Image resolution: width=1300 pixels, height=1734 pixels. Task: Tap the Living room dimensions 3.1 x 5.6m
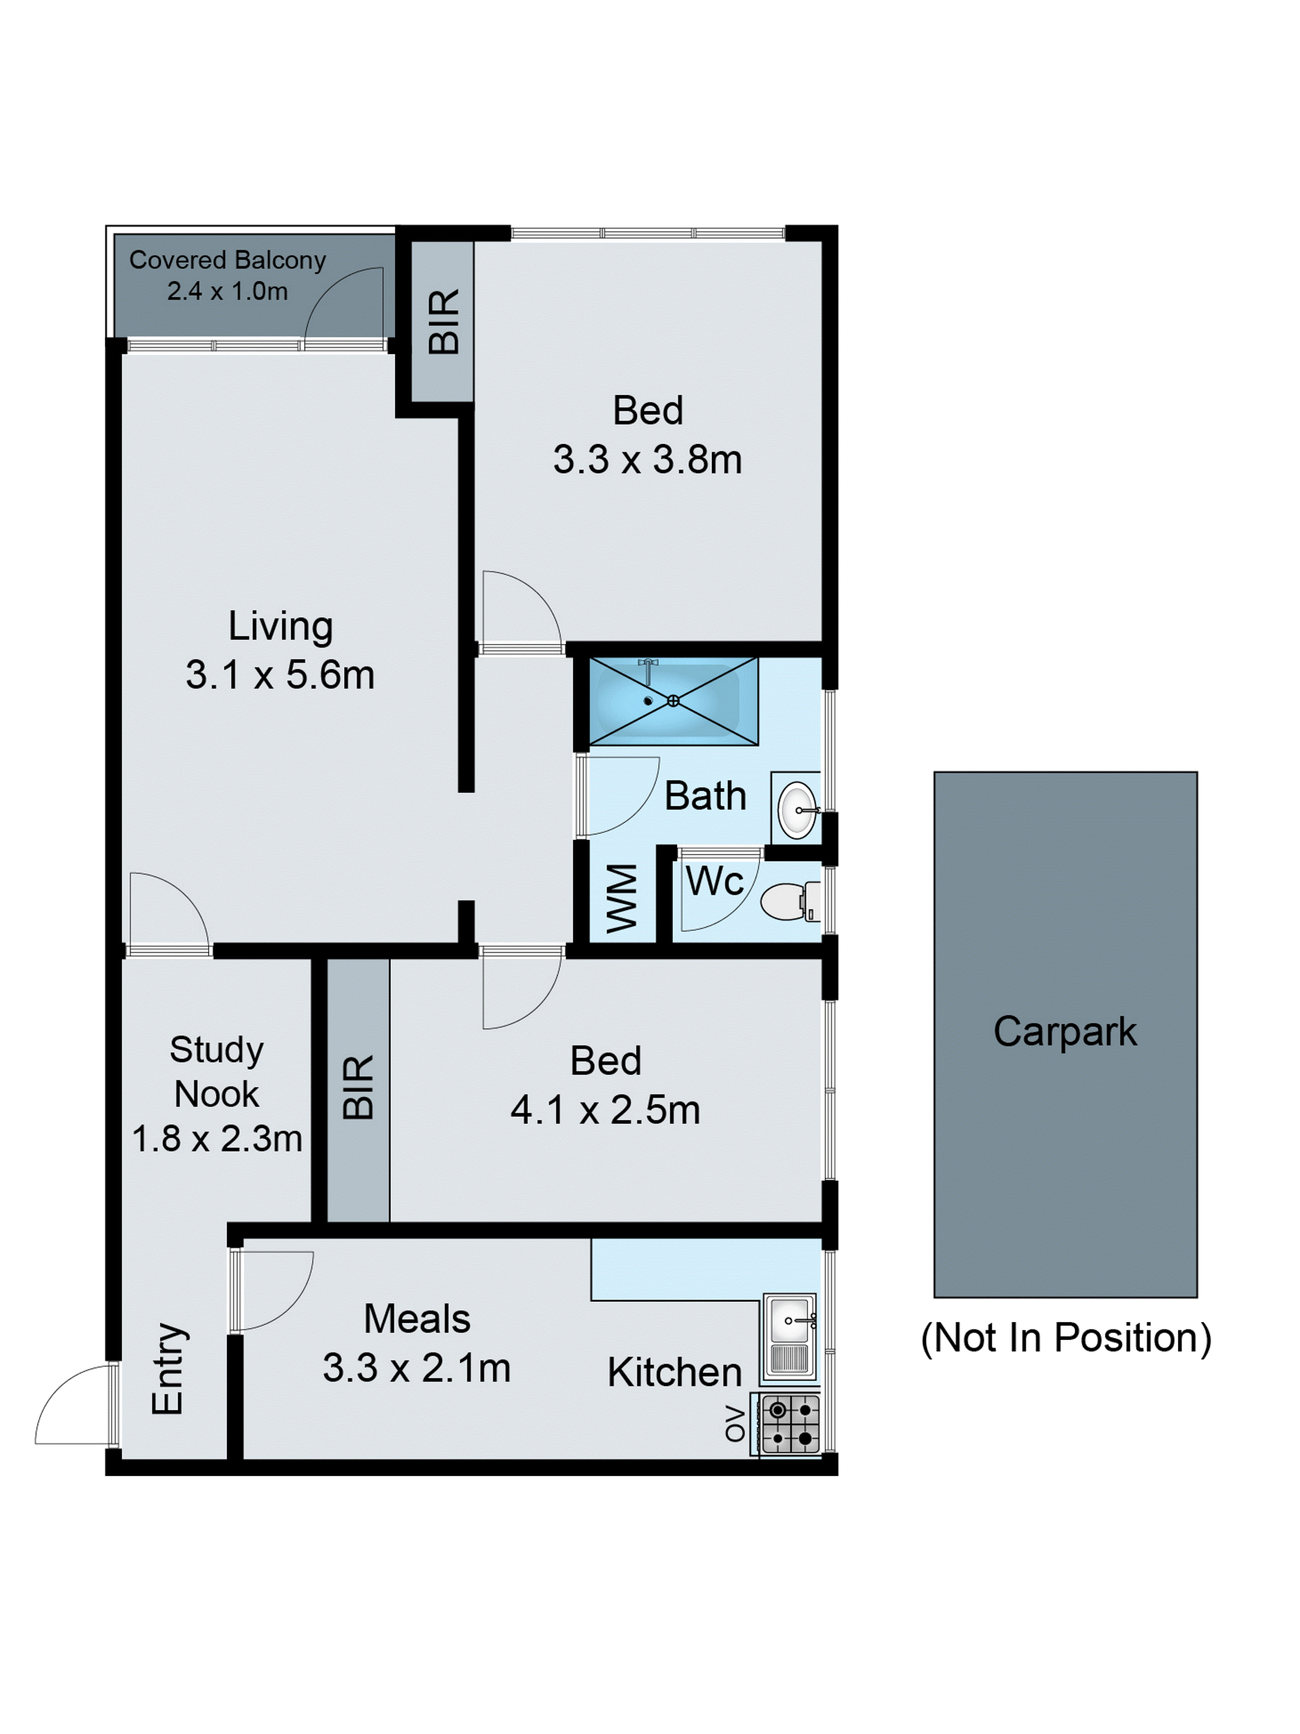pos(280,675)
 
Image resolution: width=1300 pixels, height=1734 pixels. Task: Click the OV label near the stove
pos(734,1424)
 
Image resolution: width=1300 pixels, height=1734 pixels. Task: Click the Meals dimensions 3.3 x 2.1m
pos(416,1368)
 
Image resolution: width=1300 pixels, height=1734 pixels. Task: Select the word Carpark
pos(1064,1031)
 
